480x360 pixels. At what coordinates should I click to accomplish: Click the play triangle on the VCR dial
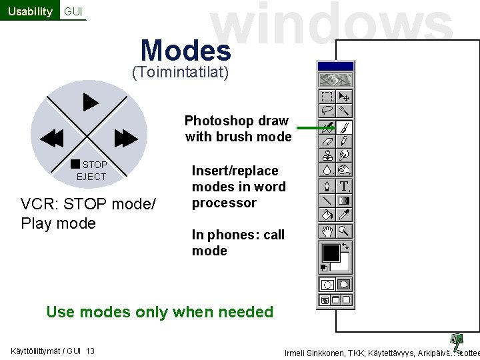(x=90, y=102)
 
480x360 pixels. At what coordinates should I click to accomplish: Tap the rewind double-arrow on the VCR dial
(x=51, y=139)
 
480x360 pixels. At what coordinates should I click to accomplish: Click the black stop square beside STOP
(x=75, y=164)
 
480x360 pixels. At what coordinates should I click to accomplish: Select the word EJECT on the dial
(x=91, y=177)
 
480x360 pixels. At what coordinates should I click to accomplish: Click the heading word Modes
(x=185, y=50)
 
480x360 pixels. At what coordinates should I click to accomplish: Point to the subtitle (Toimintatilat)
(x=181, y=72)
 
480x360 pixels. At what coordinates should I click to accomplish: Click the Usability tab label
(x=29, y=11)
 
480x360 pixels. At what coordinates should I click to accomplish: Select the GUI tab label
(x=73, y=11)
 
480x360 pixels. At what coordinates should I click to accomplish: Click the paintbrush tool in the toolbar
(x=344, y=126)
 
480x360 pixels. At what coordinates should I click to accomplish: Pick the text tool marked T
(x=344, y=186)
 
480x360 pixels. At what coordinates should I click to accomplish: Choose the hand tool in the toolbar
(x=327, y=231)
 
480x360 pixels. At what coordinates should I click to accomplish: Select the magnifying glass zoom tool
(x=344, y=231)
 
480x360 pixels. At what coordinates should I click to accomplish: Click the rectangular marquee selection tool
(x=327, y=97)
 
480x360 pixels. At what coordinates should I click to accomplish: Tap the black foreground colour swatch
(x=331, y=253)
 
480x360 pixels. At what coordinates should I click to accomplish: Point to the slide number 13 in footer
(x=90, y=351)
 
